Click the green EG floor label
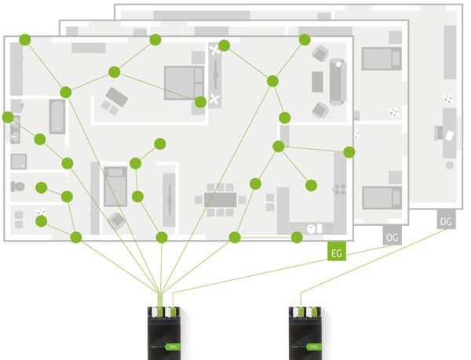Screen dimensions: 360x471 point(337,252)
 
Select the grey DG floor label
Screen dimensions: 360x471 point(445,222)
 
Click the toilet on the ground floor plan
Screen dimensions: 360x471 point(18,187)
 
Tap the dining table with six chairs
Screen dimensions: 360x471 point(220,199)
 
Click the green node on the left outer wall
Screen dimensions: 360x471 point(8,118)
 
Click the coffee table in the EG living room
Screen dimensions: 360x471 point(317,82)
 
